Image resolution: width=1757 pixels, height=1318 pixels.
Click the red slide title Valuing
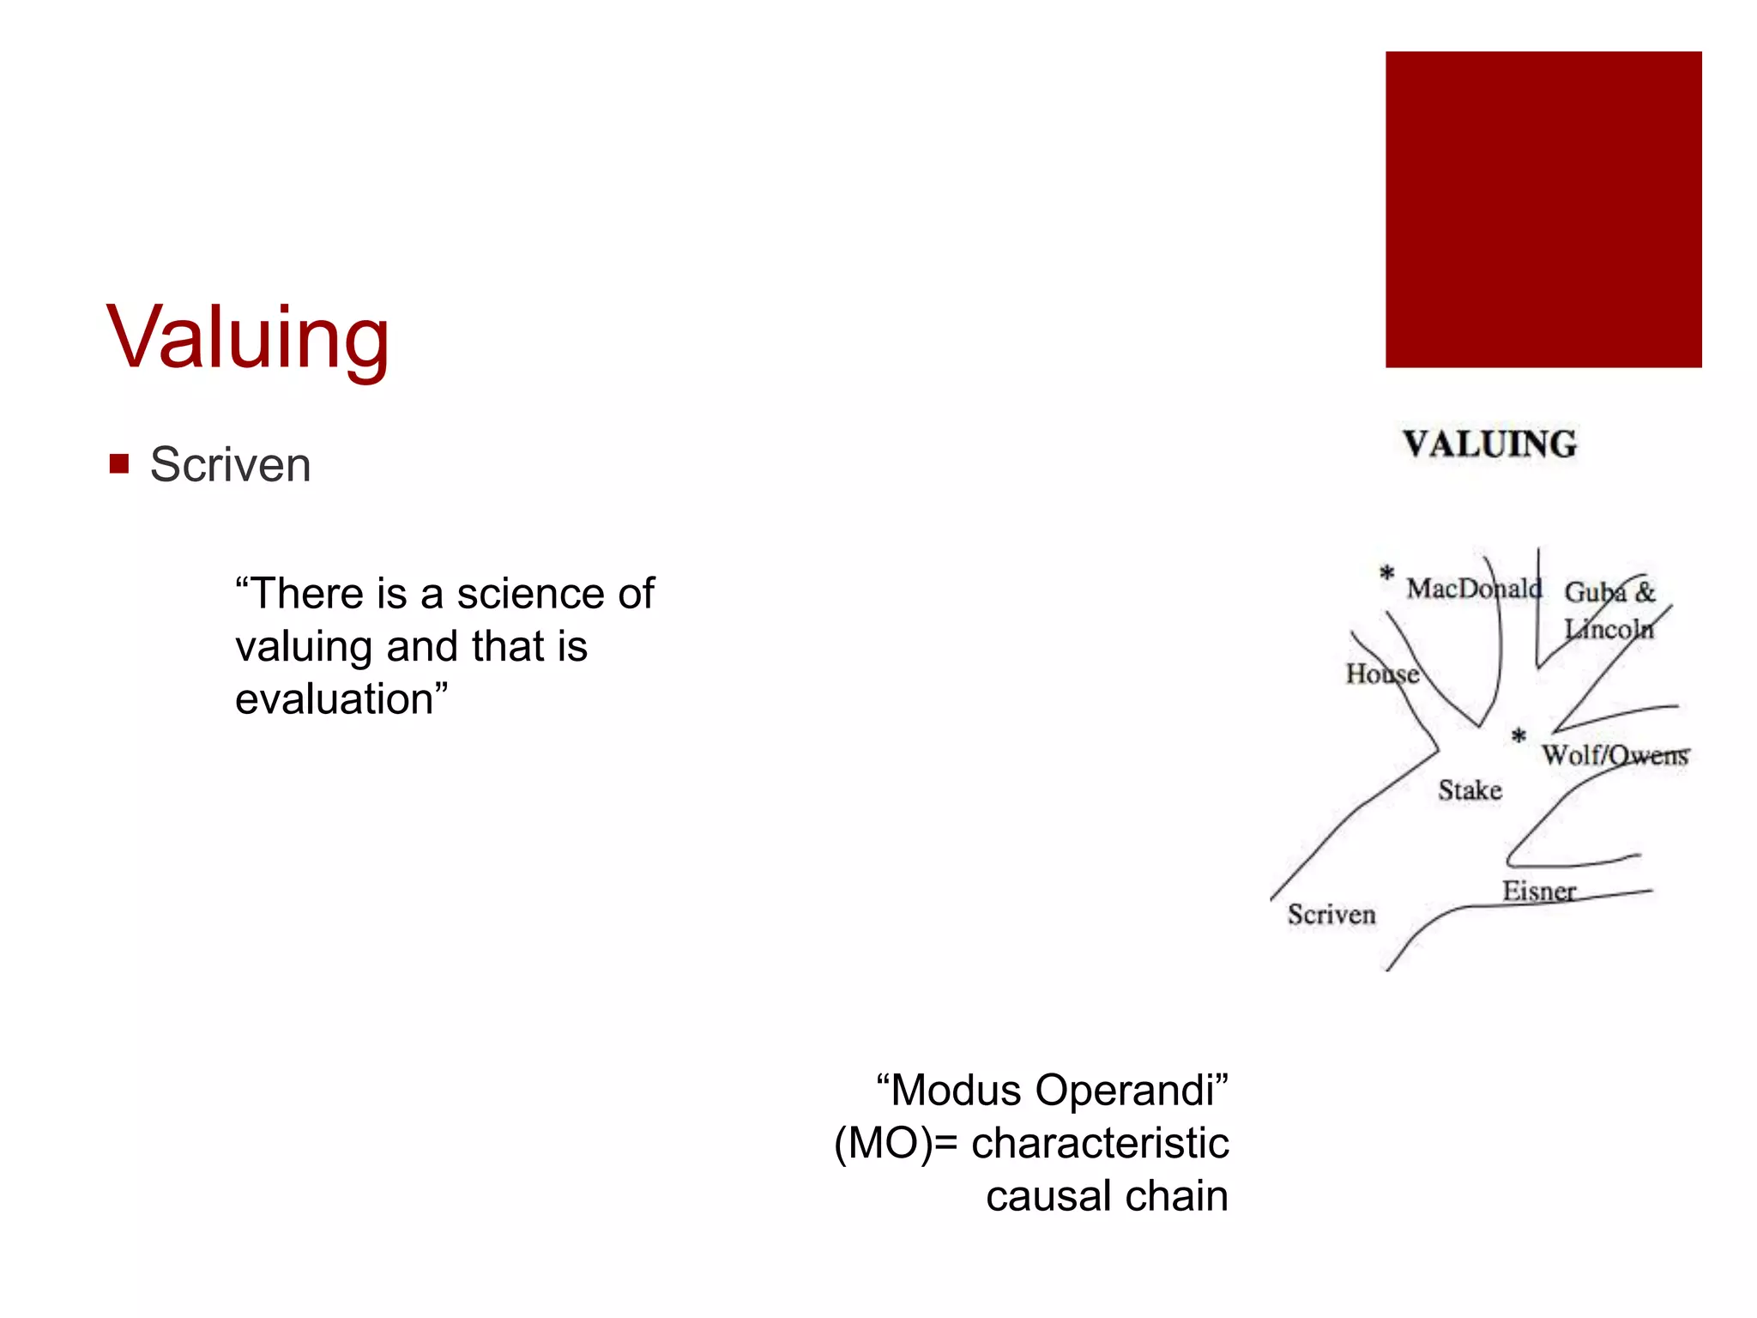[x=248, y=338]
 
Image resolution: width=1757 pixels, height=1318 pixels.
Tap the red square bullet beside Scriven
[x=119, y=464]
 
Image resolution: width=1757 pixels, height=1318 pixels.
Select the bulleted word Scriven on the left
[x=230, y=465]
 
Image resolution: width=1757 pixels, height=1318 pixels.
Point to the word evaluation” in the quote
[x=341, y=698]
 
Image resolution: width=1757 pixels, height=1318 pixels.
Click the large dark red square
[x=1543, y=209]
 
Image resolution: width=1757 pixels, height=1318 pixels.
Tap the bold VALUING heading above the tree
[x=1489, y=444]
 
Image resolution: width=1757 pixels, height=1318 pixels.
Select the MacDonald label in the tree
[x=1473, y=589]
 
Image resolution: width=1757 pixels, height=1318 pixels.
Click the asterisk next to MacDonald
[x=1386, y=573]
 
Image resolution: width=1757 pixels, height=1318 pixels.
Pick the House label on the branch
[x=1381, y=674]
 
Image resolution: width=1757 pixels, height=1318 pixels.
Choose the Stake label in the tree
[x=1470, y=790]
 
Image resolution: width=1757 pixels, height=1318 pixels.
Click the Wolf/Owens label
[x=1615, y=755]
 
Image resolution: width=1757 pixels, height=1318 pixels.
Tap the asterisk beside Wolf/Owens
[x=1519, y=736]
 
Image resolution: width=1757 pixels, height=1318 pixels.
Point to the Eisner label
[x=1538, y=892]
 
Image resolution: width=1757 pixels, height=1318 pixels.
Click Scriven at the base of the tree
[x=1331, y=915]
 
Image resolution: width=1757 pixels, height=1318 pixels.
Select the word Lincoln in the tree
[x=1609, y=629]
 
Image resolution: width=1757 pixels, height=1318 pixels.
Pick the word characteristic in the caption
[x=1100, y=1144]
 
